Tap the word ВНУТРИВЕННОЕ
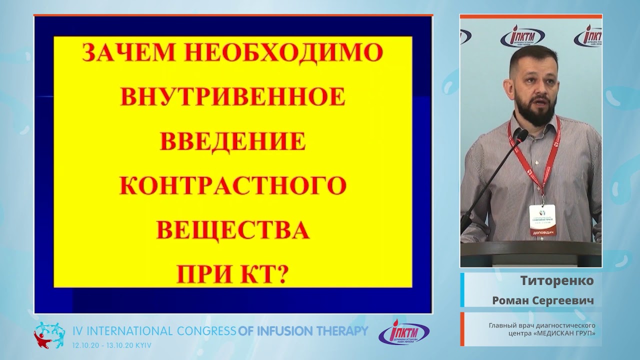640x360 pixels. click(232, 97)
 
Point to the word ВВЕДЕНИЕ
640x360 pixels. click(232, 141)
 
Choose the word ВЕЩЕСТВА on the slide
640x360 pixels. click(232, 230)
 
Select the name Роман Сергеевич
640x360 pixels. click(543, 300)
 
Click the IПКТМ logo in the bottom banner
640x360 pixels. click(403, 332)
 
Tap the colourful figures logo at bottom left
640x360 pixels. click(49, 334)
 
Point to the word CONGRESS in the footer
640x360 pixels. click(205, 330)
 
